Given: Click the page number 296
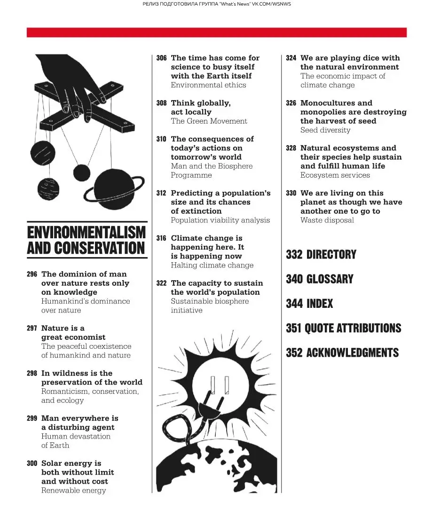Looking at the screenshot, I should click(32, 274).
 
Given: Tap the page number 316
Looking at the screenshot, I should click(161, 238).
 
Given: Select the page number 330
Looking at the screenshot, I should click(291, 193).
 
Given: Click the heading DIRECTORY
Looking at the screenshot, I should click(331, 255).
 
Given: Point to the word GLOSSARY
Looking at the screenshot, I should click(330, 279).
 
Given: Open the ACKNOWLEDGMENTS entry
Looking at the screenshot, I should click(352, 352).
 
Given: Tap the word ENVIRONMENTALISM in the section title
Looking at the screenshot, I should click(87, 232).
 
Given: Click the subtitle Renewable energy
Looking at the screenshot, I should click(73, 490).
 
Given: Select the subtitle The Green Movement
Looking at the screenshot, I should click(209, 121).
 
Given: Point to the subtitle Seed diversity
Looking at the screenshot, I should click(325, 130).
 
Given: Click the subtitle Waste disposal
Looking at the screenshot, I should click(327, 220).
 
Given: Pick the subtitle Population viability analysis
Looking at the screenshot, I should click(220, 220).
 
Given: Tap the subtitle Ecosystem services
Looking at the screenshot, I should click(335, 175).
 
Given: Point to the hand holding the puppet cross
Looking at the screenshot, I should click(75, 80).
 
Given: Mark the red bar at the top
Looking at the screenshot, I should click(216, 32).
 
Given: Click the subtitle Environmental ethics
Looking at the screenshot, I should click(208, 85).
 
